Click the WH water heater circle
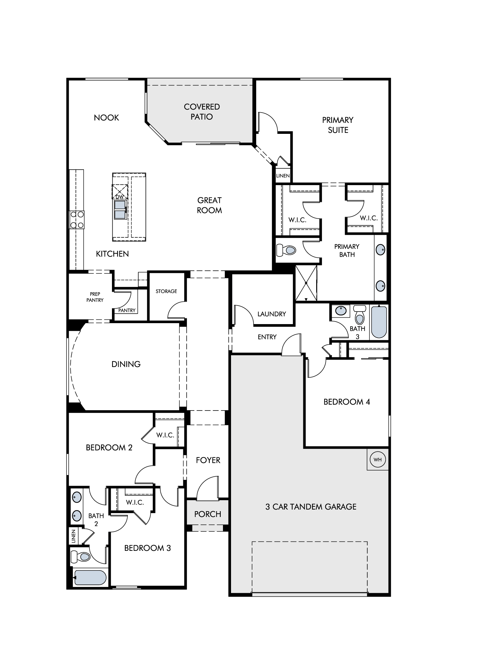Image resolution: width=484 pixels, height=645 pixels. click(378, 460)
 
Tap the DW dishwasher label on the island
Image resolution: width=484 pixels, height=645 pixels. click(119, 197)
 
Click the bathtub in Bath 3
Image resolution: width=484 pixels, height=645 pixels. click(379, 322)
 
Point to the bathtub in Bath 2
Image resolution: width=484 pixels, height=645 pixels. click(90, 577)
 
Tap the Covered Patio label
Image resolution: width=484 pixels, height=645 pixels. click(202, 112)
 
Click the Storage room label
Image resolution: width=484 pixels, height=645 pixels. click(166, 291)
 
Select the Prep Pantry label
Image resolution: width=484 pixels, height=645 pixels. click(95, 297)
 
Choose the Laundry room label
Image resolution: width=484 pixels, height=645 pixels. click(272, 314)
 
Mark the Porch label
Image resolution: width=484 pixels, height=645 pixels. click(208, 514)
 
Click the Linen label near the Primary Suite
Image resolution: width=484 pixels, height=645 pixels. click(283, 176)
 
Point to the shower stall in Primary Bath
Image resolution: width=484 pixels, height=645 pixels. click(306, 283)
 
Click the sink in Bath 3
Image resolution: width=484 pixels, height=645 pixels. click(341, 311)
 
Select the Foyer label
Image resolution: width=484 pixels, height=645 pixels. click(208, 460)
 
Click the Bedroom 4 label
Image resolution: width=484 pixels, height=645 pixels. click(347, 402)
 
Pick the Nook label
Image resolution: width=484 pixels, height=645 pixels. click(106, 118)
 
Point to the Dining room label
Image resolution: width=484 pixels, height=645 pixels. click(126, 364)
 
